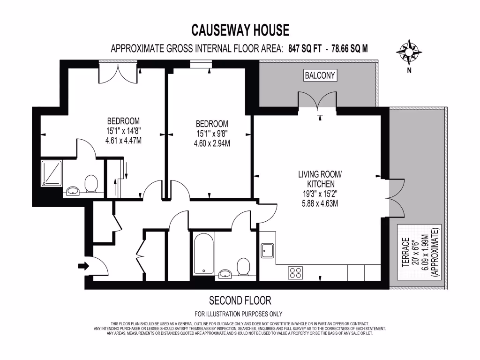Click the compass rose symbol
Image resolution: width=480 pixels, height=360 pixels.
click(409, 51)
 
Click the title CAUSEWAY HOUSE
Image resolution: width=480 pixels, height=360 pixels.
click(240, 30)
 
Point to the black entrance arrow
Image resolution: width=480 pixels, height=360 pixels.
click(83, 266)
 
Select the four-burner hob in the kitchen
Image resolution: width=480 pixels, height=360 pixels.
click(295, 273)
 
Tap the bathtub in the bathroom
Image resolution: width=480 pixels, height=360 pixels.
click(203, 254)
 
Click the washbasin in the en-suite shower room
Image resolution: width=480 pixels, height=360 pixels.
click(73, 191)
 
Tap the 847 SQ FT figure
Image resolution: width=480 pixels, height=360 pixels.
click(307, 48)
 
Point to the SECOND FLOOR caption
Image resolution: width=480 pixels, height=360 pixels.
click(240, 300)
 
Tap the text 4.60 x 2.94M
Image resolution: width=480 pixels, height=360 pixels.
click(212, 143)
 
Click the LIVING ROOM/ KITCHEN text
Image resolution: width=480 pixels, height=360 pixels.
click(320, 180)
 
